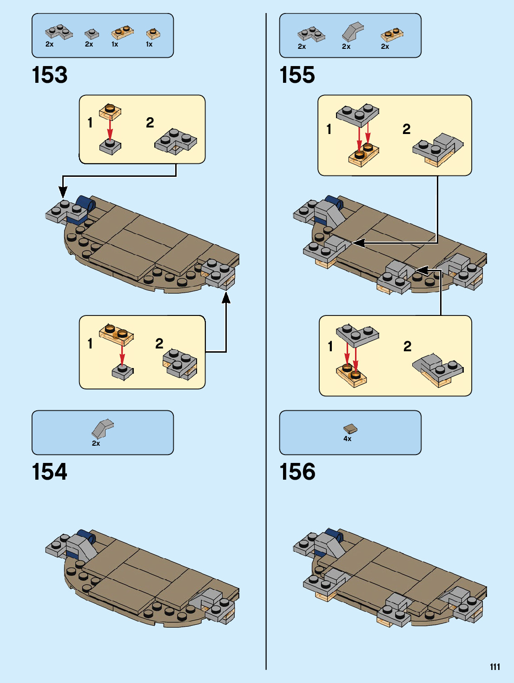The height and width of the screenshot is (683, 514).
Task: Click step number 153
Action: tap(50, 75)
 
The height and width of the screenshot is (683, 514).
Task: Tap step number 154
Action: tap(50, 472)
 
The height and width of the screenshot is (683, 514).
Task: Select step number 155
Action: tap(297, 75)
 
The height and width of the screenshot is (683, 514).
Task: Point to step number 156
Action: tap(297, 472)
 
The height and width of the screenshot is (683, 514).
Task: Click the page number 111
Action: tap(495, 667)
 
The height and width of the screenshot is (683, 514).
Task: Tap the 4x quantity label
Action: tap(348, 439)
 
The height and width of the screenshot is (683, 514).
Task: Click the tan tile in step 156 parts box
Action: tap(350, 429)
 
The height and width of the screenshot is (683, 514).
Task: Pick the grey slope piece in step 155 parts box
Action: tap(352, 31)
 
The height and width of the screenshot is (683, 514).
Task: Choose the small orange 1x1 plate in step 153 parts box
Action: tap(153, 33)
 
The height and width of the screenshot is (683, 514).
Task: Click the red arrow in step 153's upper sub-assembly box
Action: tap(110, 129)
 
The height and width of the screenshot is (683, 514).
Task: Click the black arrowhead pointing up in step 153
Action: tap(226, 297)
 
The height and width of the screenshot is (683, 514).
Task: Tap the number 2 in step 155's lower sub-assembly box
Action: tap(408, 346)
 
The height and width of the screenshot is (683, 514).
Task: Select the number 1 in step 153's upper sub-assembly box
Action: tap(90, 123)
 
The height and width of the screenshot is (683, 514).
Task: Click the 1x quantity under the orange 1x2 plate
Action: tap(115, 44)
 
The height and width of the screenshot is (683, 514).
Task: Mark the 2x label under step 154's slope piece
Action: tap(96, 443)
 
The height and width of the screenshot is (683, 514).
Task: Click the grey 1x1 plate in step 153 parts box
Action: tap(92, 33)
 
